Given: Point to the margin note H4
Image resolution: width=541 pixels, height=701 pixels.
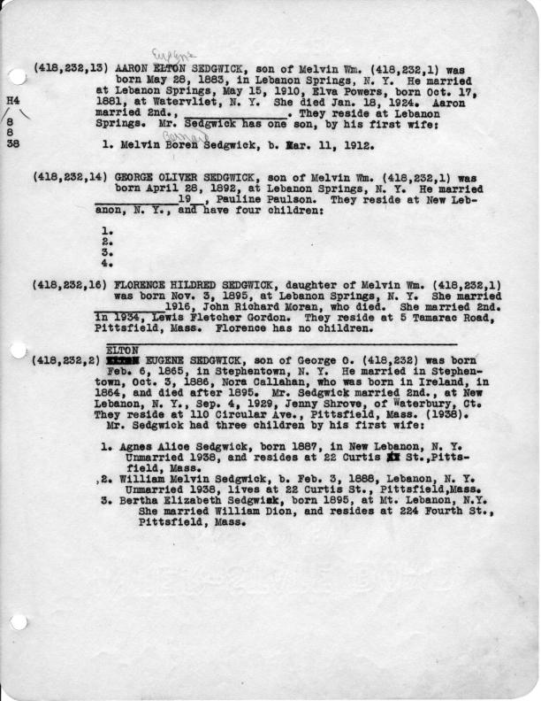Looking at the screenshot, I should [11, 101].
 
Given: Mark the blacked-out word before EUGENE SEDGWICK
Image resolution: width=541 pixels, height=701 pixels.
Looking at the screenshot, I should [120, 361].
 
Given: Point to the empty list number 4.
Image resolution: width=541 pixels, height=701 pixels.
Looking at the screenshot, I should [106, 263].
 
